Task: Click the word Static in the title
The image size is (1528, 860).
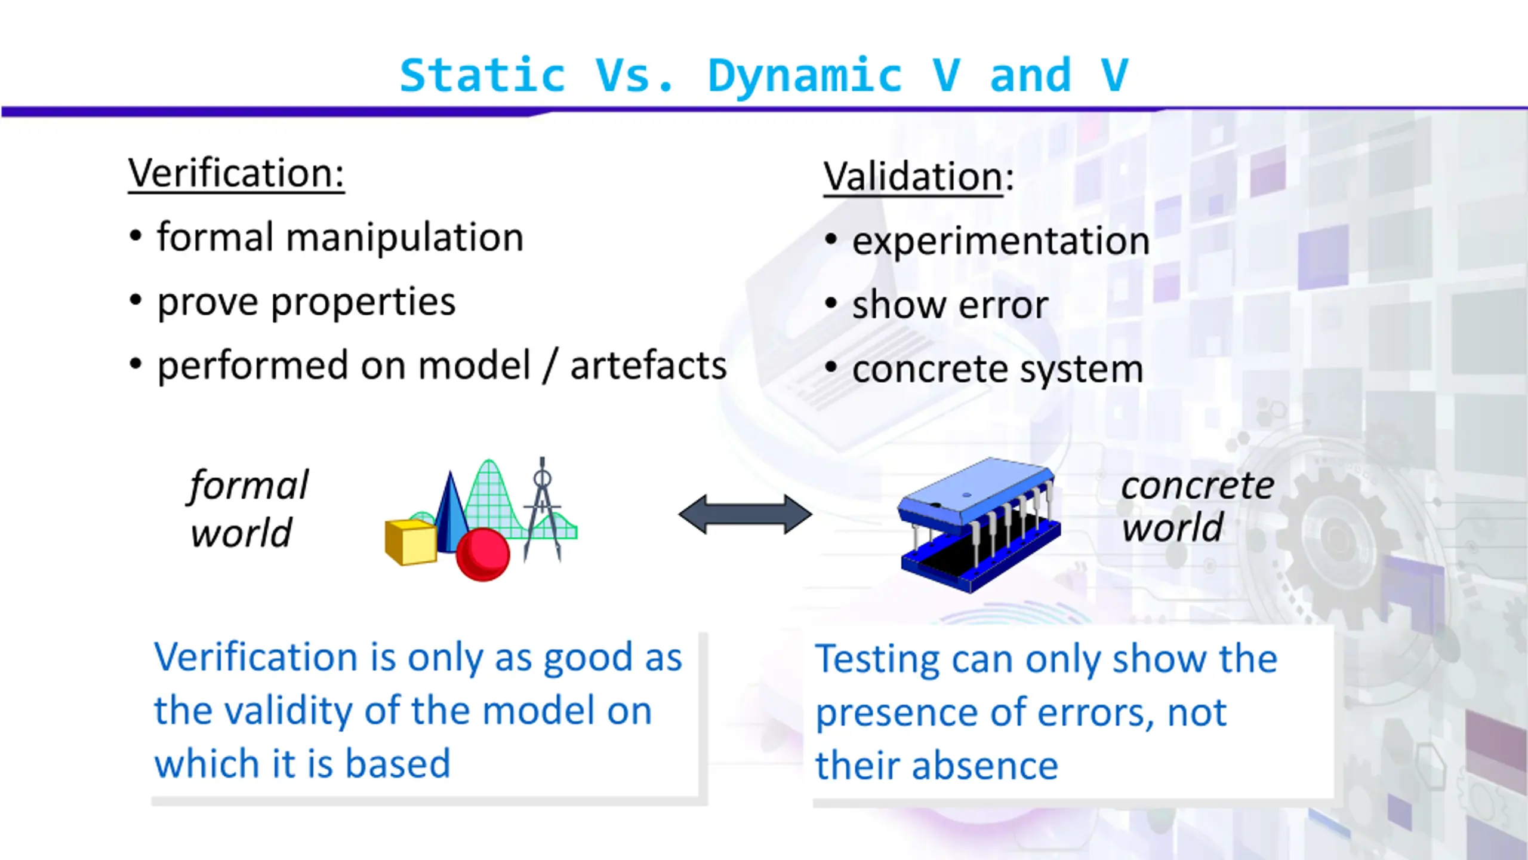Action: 482,75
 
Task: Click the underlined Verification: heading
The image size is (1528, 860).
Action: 236,174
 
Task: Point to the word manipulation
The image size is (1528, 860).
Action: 405,238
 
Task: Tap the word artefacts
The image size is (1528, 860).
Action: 649,366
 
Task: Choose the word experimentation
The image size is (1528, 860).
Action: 1001,242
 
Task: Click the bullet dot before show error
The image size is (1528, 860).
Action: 831,303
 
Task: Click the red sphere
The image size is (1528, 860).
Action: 483,554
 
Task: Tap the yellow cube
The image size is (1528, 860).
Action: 411,542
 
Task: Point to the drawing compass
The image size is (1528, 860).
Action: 543,509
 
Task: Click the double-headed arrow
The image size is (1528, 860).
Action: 745,514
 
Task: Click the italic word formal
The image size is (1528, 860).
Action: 248,486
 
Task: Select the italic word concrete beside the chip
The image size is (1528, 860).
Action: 1197,486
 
